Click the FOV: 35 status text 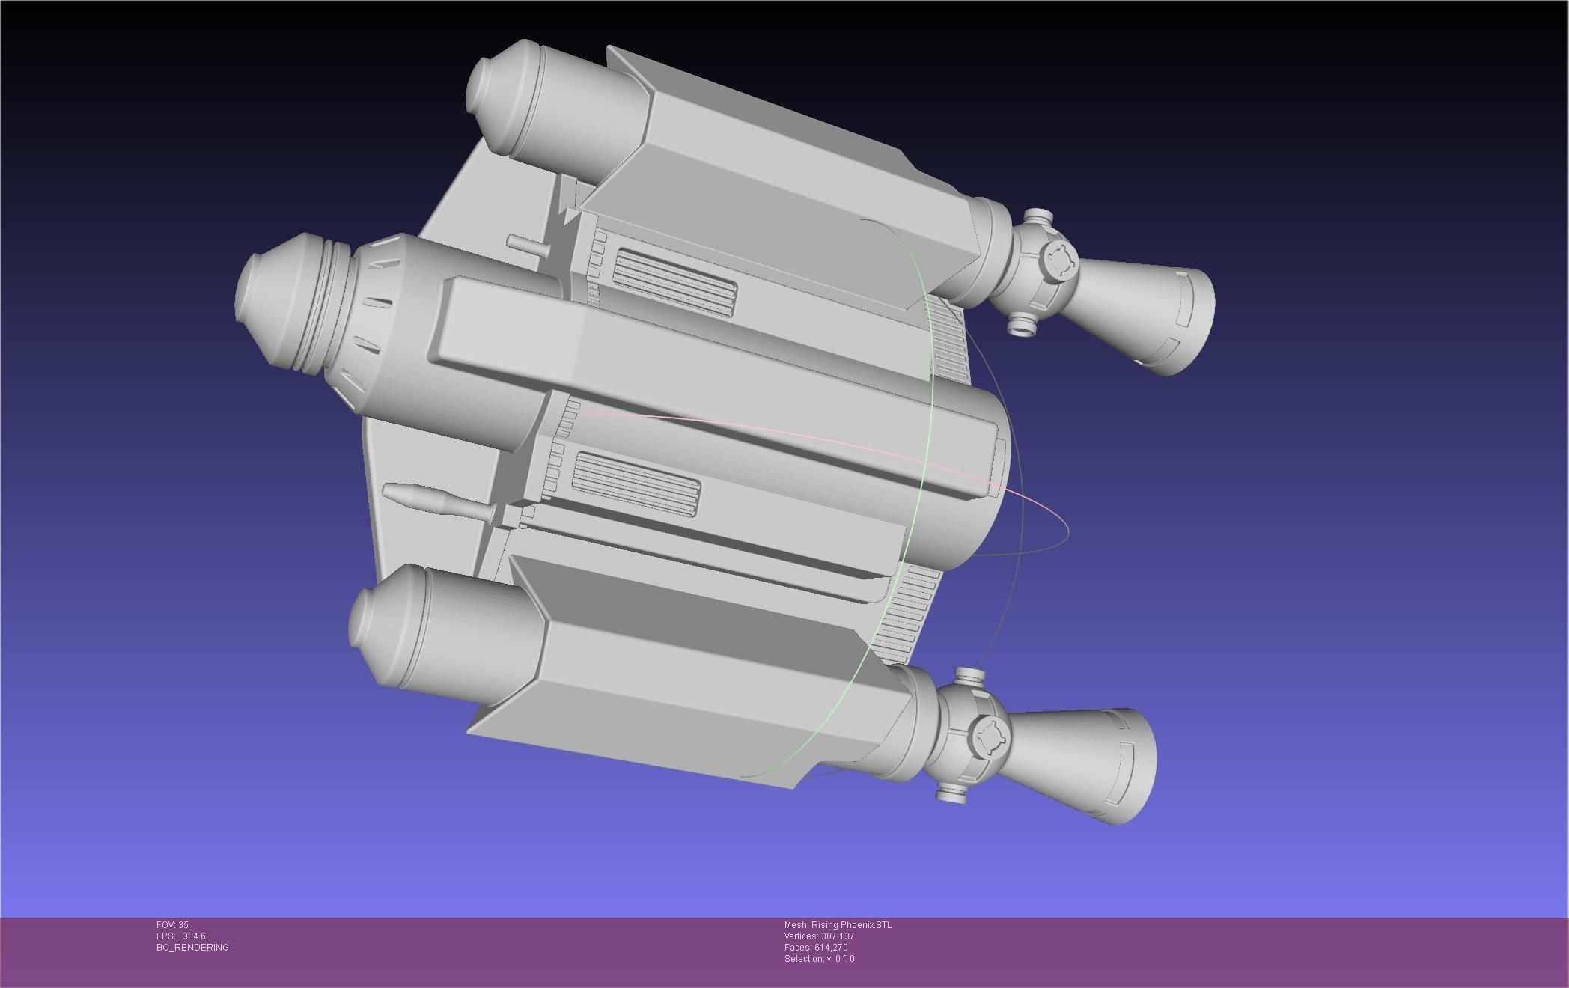[172, 925]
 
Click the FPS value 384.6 [193, 936]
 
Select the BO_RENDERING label [192, 948]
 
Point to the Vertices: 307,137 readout [819, 936]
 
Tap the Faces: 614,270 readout [816, 948]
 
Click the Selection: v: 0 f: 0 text [819, 959]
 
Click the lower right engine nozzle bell [1085, 763]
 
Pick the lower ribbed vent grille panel [636, 484]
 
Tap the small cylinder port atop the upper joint [1038, 219]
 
